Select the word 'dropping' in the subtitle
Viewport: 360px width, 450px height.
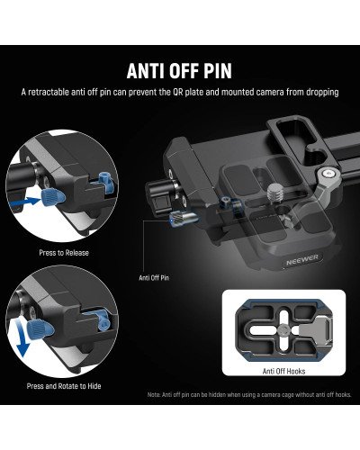click(x=319, y=93)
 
